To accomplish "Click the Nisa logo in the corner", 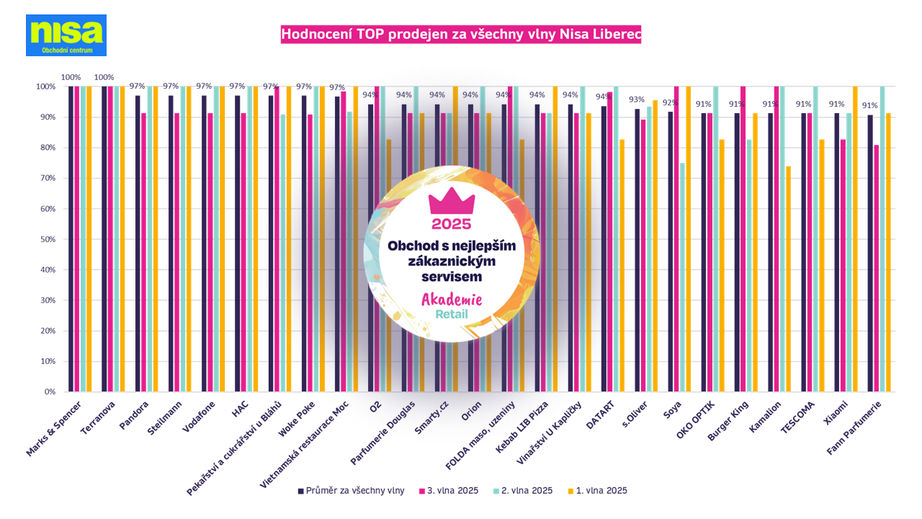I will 66,35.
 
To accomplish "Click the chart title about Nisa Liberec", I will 460,34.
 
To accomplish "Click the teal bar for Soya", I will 682,278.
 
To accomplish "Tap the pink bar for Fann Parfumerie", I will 877,268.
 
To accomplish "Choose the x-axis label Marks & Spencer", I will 59,425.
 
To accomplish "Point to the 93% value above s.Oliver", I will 637,100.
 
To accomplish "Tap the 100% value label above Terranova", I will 104,77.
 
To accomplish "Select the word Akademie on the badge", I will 452,299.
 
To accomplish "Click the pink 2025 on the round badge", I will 452,223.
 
